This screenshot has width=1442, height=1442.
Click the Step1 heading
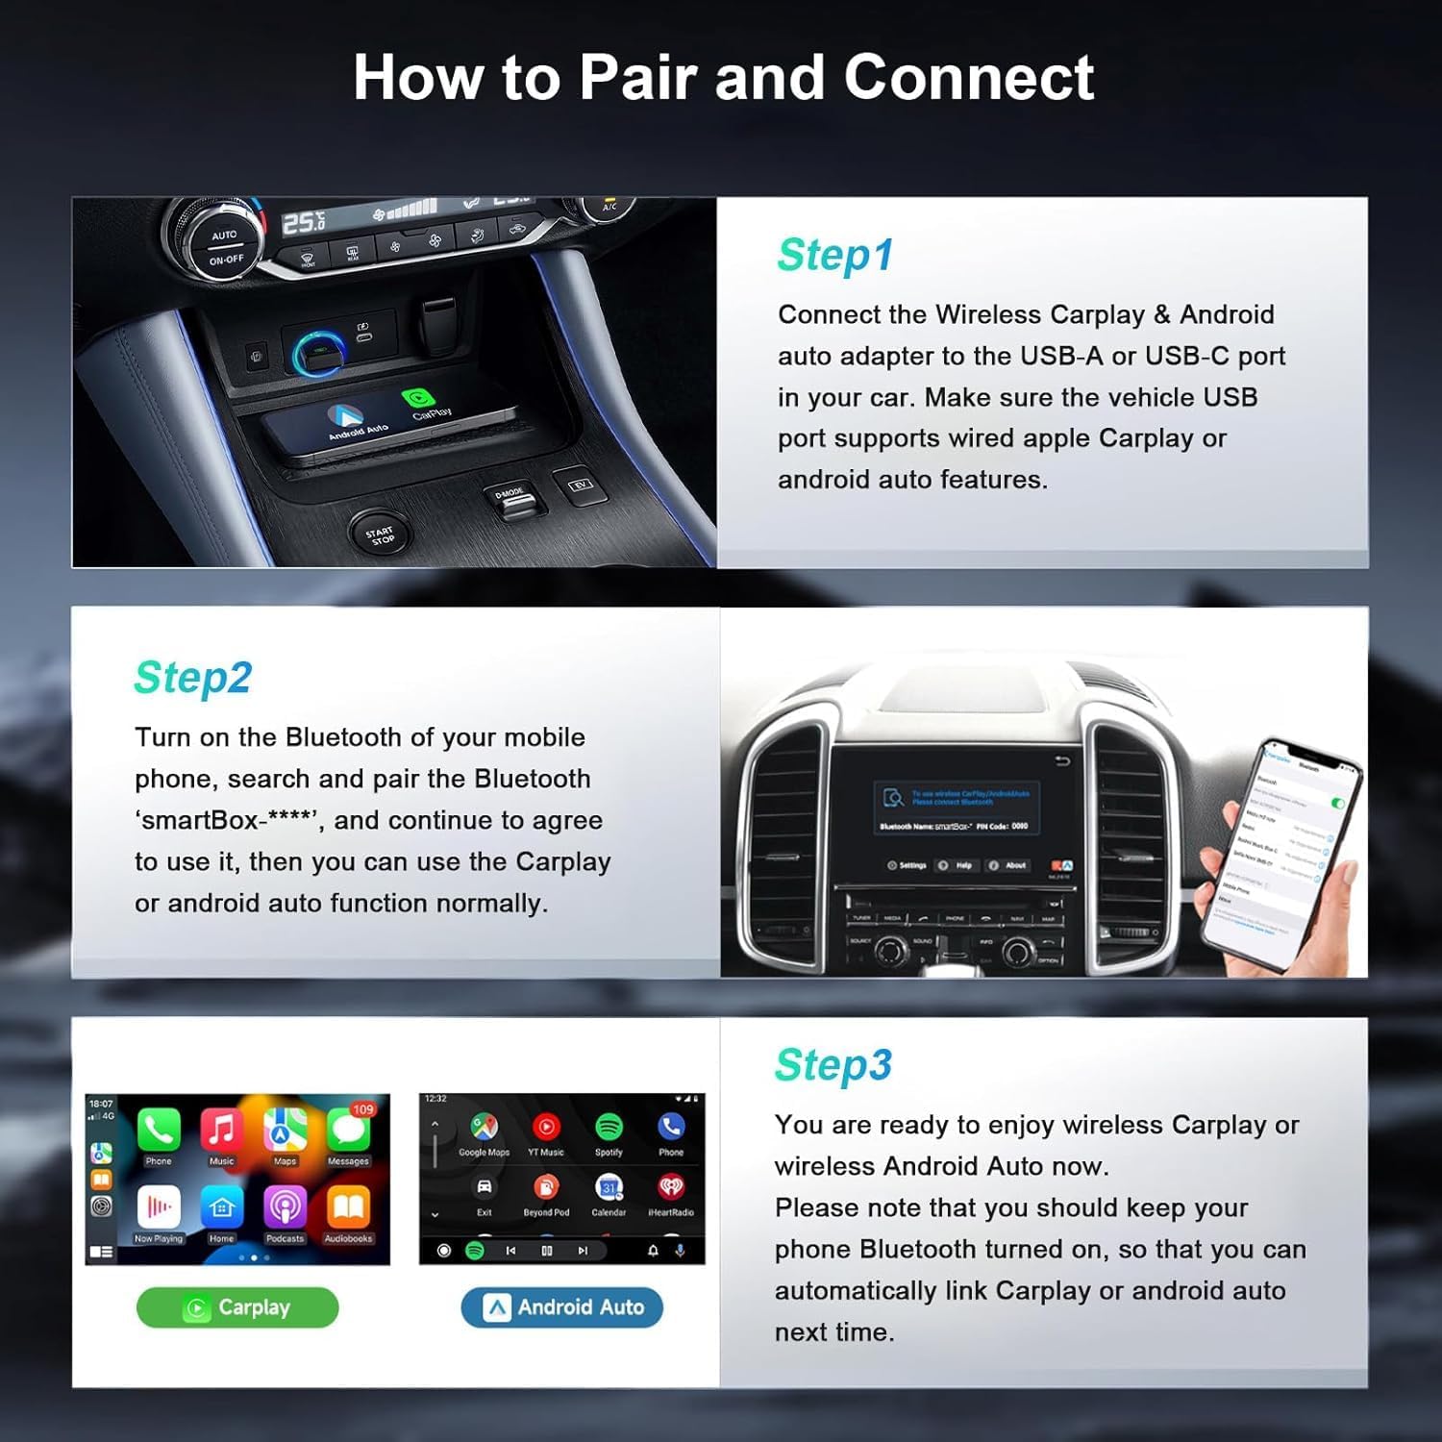[x=834, y=256]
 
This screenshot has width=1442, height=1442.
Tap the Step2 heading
[x=192, y=678]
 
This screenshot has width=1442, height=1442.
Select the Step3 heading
[x=833, y=1065]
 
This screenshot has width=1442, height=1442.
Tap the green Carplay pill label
[x=237, y=1307]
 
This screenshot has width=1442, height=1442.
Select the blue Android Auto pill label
[x=562, y=1307]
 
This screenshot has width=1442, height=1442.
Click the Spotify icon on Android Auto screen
[x=609, y=1127]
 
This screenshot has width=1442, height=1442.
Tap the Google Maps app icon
[x=484, y=1127]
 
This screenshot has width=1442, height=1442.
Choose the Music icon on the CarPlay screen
[x=221, y=1130]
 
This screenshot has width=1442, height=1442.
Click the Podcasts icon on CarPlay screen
[x=285, y=1206]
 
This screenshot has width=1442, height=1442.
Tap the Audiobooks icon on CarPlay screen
[x=348, y=1206]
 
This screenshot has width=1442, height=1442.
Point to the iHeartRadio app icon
[x=671, y=1188]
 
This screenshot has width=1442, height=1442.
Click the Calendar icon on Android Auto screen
[x=609, y=1188]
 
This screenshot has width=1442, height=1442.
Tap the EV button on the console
[x=581, y=485]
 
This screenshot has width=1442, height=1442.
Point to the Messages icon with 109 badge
[x=348, y=1131]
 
